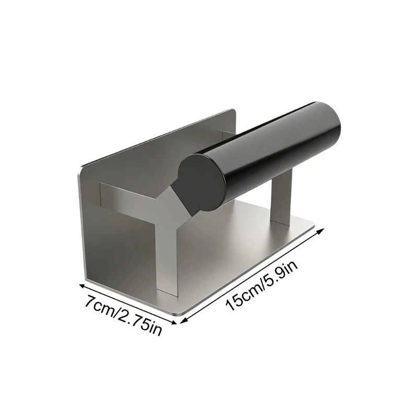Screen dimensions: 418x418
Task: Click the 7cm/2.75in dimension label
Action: click(x=123, y=316)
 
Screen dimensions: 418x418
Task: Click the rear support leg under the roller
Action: click(x=282, y=198)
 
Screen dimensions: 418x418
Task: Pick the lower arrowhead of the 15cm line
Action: click(x=183, y=321)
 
